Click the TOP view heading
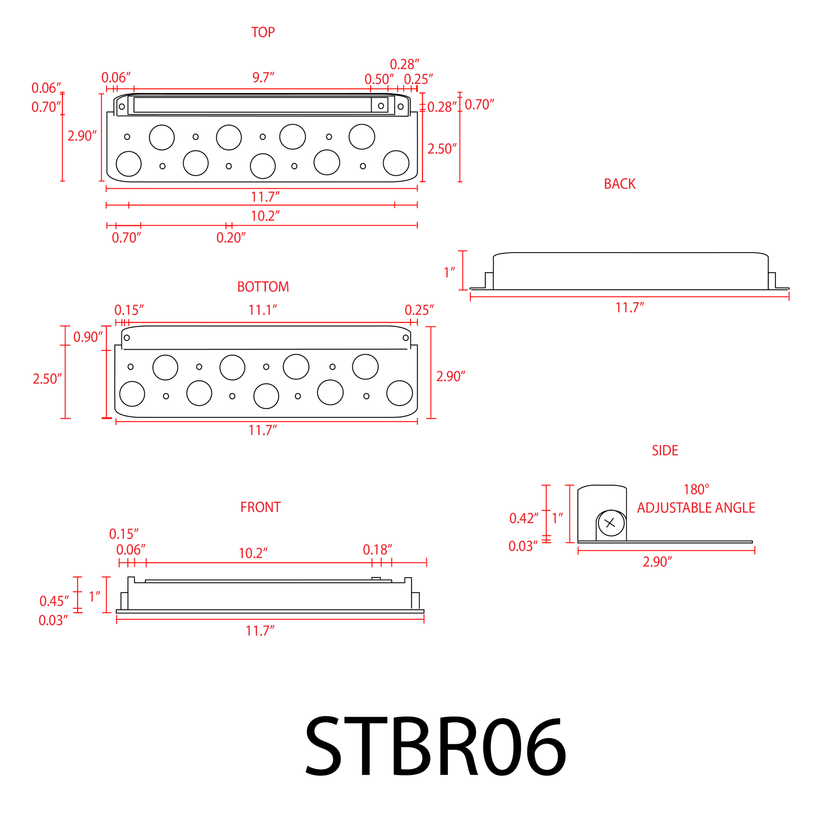tap(263, 32)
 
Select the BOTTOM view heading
tap(263, 287)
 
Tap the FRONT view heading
tap(260, 507)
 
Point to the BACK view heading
tap(619, 184)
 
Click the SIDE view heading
tap(665, 450)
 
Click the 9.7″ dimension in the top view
tap(263, 77)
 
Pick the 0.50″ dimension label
tap(379, 79)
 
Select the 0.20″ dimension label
tap(231, 238)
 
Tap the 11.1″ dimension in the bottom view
tap(263, 310)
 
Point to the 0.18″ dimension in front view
tap(377, 550)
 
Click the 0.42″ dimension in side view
tap(523, 518)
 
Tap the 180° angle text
tap(696, 489)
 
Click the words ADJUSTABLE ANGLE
tap(696, 507)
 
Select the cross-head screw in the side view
tap(611, 523)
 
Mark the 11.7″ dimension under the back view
tap(630, 307)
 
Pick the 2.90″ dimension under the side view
tap(657, 562)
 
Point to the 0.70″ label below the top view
tap(126, 238)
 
